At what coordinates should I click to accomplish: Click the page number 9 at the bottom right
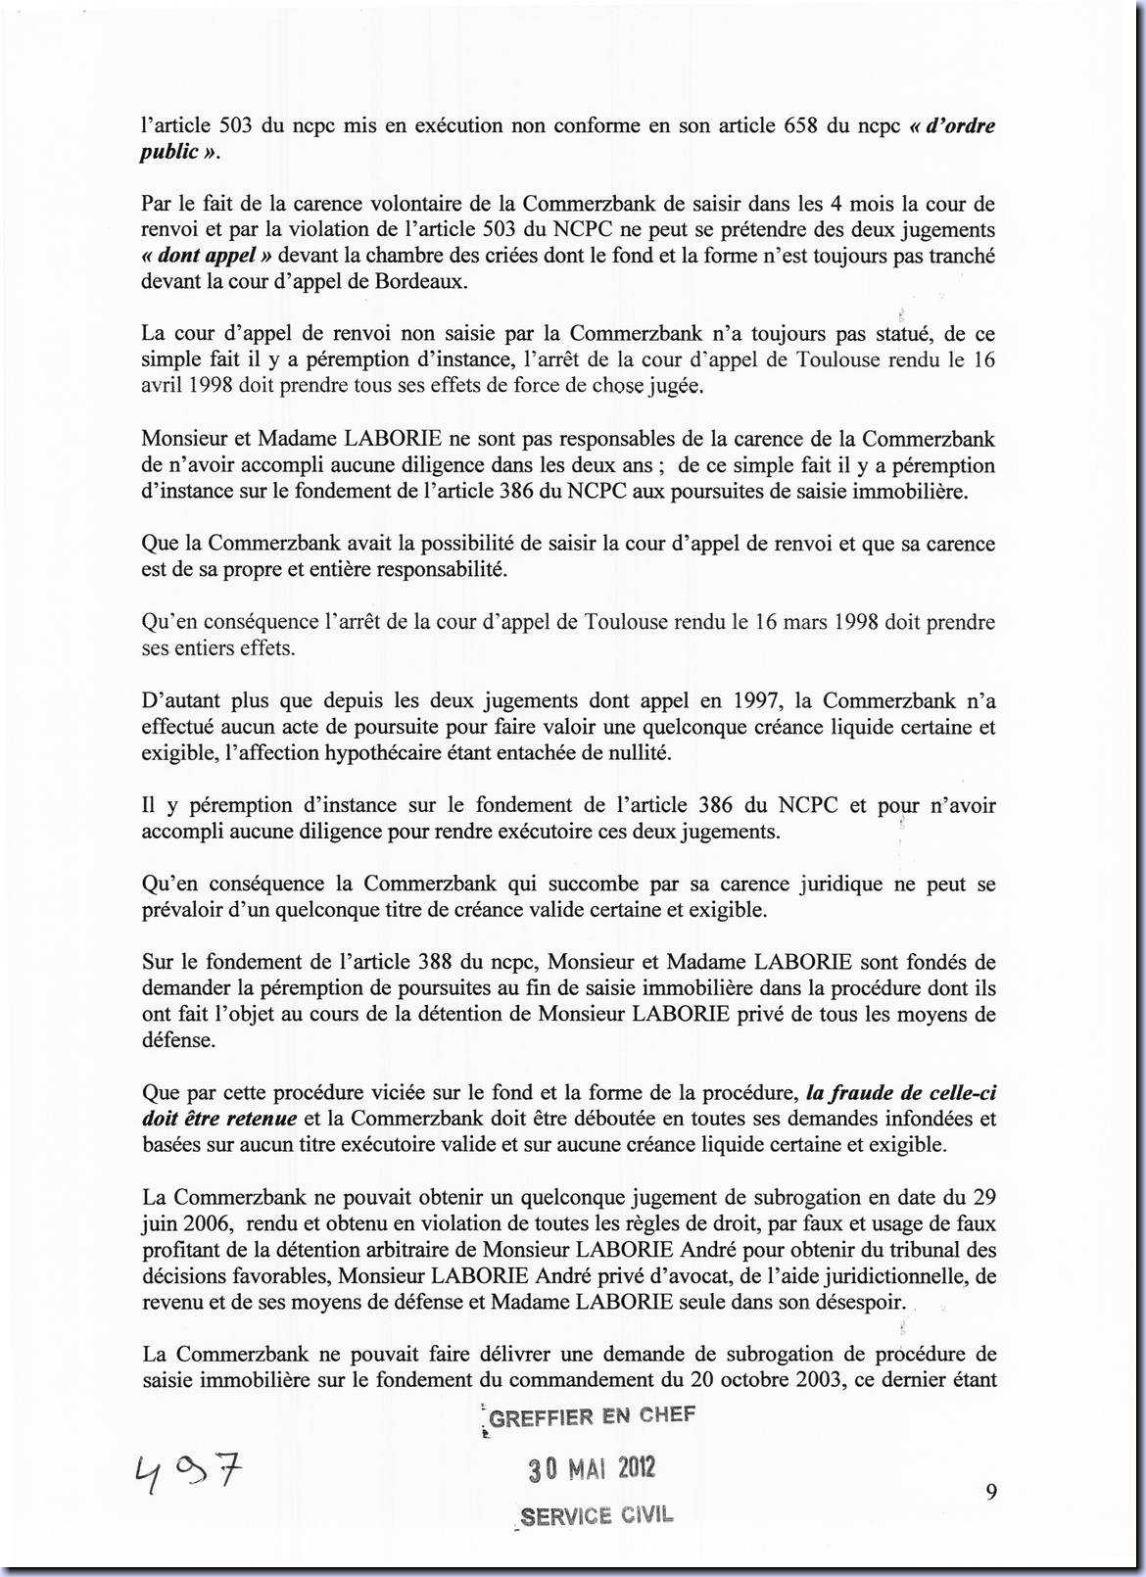[991, 1492]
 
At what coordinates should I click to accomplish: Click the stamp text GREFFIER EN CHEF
[592, 1416]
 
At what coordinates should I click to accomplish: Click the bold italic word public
[169, 152]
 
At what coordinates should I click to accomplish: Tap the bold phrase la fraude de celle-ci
[900, 1092]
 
